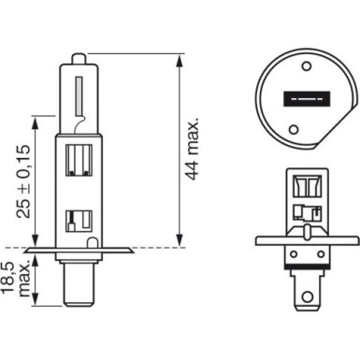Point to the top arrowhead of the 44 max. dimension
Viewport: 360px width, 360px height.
[179, 55]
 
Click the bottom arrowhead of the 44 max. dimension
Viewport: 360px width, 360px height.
[179, 244]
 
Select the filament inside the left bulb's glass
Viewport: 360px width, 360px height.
[78, 93]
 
